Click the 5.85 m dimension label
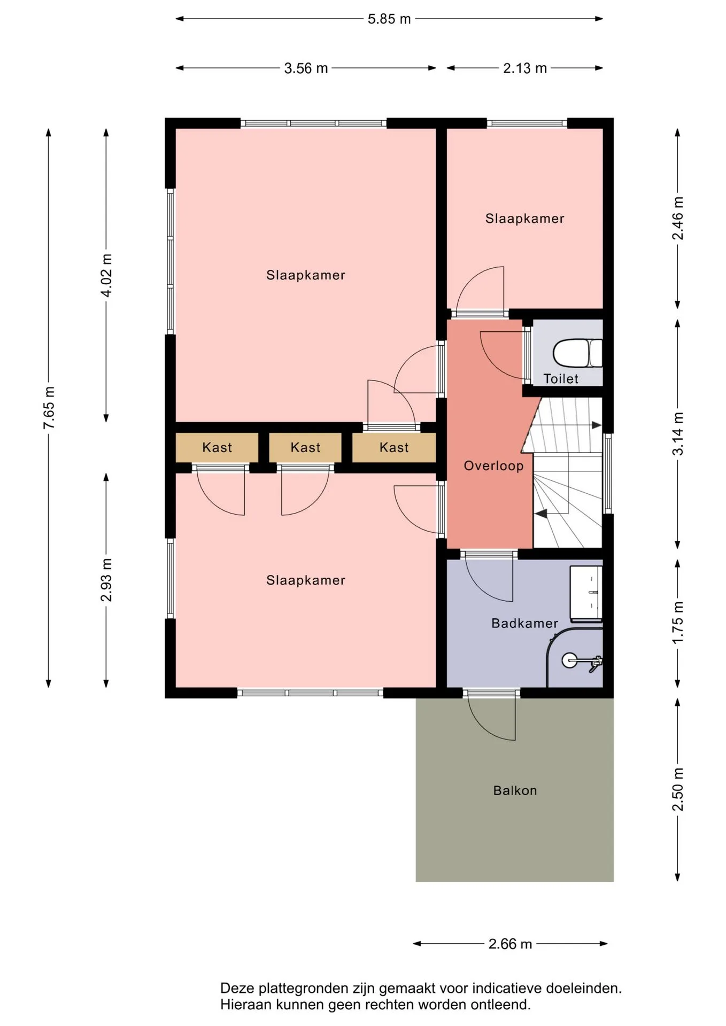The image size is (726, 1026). tap(389, 19)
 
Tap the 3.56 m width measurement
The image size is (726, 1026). tap(306, 68)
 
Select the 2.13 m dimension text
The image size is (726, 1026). tap(525, 68)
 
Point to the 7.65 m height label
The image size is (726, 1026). tap(49, 407)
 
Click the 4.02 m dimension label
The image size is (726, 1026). tap(107, 275)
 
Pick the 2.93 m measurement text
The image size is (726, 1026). tap(107, 580)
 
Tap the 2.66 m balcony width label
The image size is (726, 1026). tap(511, 944)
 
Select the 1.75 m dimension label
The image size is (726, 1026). tap(678, 623)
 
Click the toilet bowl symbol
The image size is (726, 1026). tap(577, 353)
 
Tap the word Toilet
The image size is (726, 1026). tap(561, 379)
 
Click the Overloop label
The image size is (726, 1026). tap(493, 466)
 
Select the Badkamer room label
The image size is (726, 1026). tap(524, 623)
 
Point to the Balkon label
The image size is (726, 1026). tap(515, 790)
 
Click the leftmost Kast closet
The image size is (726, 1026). tap(217, 447)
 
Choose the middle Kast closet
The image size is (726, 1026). tap(305, 447)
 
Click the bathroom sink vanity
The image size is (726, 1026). tap(586, 594)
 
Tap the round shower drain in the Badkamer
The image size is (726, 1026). tap(569, 660)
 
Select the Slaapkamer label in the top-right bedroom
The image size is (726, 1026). tap(524, 219)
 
